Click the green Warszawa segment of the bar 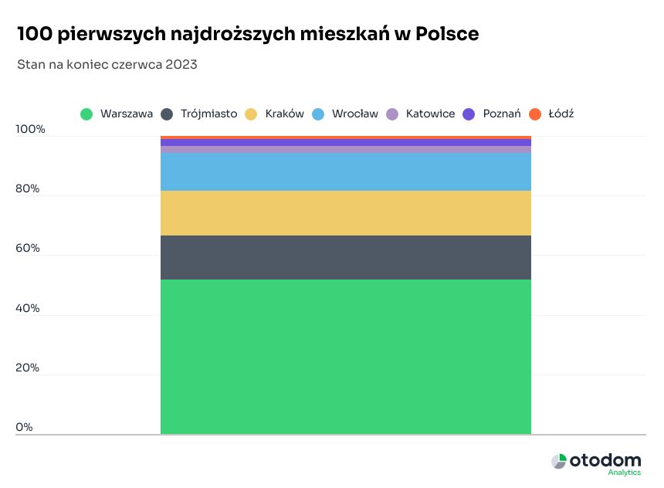point(345,357)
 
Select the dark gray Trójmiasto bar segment point(345,257)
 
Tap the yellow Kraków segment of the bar point(345,213)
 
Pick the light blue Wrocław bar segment point(345,171)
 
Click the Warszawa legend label point(126,114)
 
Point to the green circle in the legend point(87,114)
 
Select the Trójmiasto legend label point(208,114)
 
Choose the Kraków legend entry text point(284,114)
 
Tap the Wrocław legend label point(354,114)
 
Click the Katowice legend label point(430,114)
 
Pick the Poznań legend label point(502,114)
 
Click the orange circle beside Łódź point(535,114)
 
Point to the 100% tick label point(31,130)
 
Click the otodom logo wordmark point(605,461)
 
